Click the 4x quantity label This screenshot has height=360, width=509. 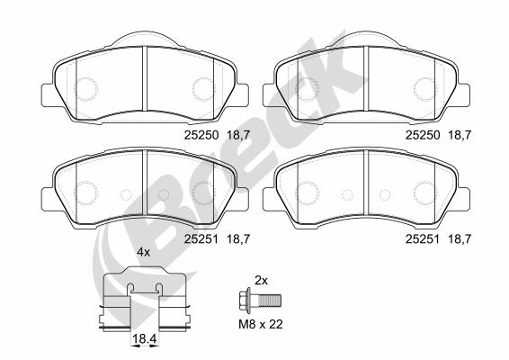coord(143,253)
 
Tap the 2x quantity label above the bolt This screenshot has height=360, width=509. coord(262,280)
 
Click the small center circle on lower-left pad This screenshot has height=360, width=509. coord(126,195)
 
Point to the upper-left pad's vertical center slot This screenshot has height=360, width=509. coord(145,76)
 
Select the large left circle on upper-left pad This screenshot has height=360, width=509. coord(86,88)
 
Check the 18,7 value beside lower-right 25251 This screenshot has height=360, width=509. coord(460,238)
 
